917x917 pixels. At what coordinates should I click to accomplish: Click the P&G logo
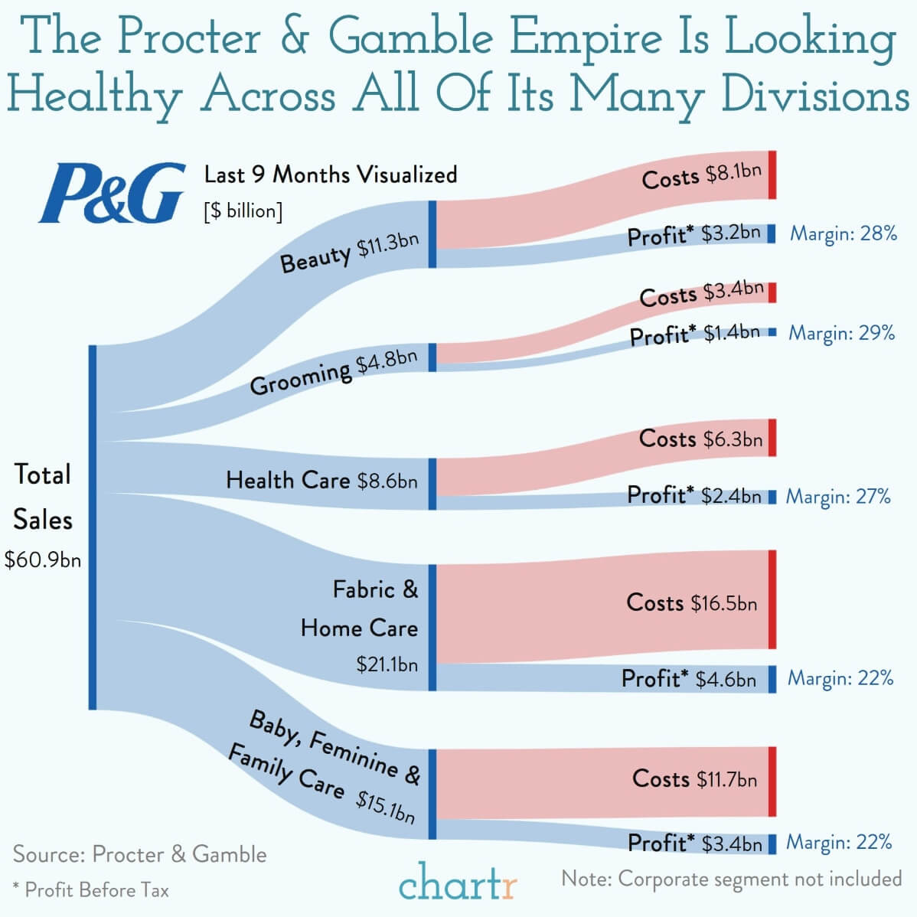[113, 192]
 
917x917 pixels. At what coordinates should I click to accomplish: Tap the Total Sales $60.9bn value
[43, 560]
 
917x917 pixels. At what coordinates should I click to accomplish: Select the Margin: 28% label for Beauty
[843, 233]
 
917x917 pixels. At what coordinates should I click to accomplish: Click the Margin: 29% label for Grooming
[841, 333]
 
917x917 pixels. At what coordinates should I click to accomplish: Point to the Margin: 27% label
[838, 497]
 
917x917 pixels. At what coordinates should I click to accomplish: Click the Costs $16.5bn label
[692, 602]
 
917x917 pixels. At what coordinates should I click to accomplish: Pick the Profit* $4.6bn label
[688, 679]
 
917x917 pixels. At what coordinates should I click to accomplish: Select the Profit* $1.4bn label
[694, 334]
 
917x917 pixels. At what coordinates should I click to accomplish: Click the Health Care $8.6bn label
[321, 481]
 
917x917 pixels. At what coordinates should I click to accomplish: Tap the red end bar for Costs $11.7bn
[772, 781]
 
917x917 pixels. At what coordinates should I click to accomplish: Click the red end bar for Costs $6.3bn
[772, 438]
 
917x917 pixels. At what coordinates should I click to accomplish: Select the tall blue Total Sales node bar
[93, 527]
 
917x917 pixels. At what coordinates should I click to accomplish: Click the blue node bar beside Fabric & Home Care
[432, 627]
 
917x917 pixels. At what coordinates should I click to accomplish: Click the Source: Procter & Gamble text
[140, 854]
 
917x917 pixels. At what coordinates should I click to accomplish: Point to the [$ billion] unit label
[243, 211]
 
